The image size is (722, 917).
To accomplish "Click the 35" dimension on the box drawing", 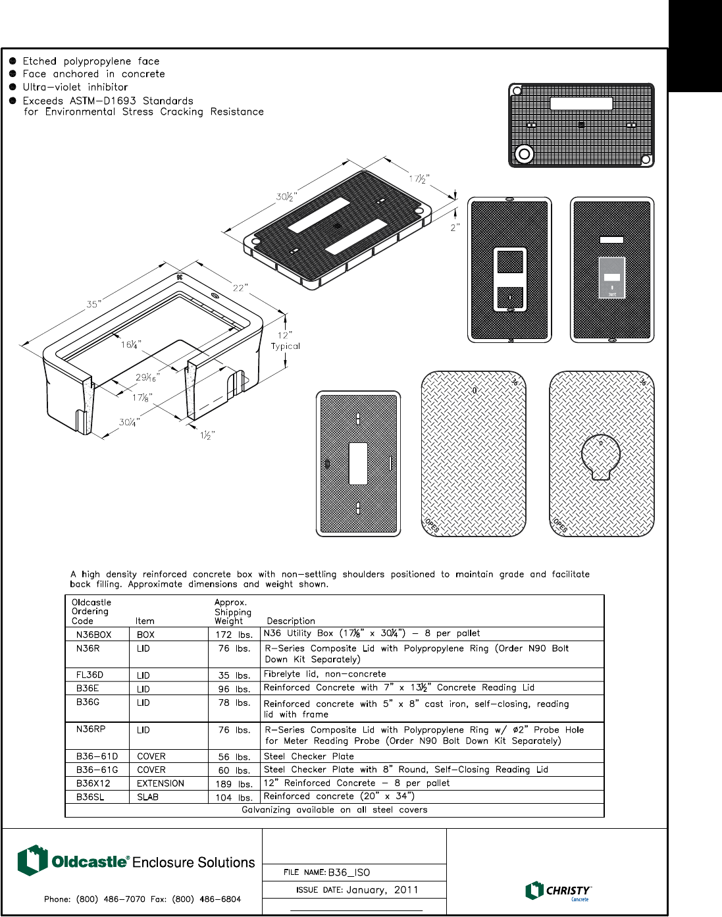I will coord(93,304).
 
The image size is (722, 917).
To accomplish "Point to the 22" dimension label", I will coord(240,288).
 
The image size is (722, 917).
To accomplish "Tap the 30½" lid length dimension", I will coord(286,197).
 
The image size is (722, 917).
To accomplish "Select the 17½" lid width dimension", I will coord(419,179).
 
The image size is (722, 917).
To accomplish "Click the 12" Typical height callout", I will coord(285,340).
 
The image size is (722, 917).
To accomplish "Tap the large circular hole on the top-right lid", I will coord(524,154).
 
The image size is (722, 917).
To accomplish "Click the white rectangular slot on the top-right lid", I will coord(581,103).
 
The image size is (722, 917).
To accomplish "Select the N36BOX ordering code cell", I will coord(93,635).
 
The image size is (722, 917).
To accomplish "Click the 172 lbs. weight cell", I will coord(234,635).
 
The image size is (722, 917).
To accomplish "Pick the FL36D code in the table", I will coord(90,675).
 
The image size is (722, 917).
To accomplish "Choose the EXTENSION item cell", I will coord(161,783).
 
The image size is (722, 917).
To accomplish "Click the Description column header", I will coord(291,621).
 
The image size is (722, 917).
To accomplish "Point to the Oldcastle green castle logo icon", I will coord(32,860).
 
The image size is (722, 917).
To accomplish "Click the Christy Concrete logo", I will coord(558,891).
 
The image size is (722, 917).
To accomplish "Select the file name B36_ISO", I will coord(349,872).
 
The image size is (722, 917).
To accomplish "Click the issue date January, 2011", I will coord(382,890).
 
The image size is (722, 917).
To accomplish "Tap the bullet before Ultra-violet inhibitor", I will coord(13,87).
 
